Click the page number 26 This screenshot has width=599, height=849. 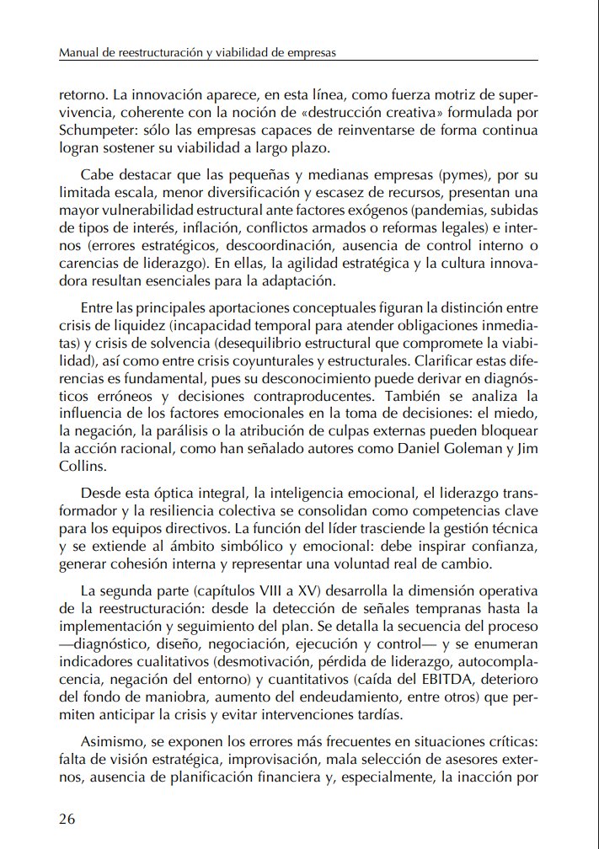(x=67, y=819)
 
